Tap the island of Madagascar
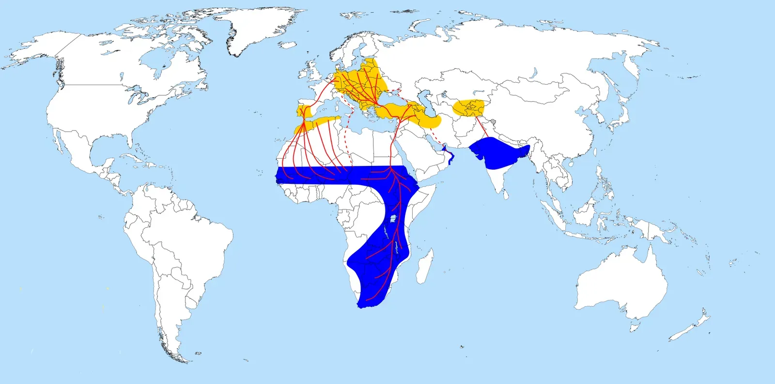pos(424,266)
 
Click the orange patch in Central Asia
pos(468,108)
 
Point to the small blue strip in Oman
pos(450,156)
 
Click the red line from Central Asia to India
pos(482,128)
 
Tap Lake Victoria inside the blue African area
pos(394,219)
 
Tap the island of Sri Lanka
pos(505,194)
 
